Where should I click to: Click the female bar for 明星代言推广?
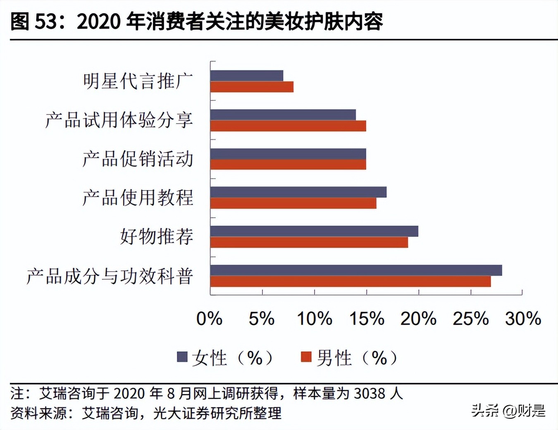coord(246,76)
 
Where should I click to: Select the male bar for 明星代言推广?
coord(252,87)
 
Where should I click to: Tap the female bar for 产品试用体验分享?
coord(283,115)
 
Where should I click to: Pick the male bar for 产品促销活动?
coord(288,165)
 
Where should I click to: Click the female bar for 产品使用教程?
coord(298,192)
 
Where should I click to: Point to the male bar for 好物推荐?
coord(309,242)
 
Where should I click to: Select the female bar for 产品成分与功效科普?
coord(356,270)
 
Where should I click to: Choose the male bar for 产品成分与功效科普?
coord(350,282)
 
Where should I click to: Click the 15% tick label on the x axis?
coord(367,319)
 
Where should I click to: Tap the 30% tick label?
coord(523,319)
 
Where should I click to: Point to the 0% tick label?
coord(209,319)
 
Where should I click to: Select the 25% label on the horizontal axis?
coord(470,319)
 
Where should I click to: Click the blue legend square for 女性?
coord(182,357)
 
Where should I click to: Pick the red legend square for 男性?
coord(306,357)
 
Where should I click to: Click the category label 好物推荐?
coord(157,236)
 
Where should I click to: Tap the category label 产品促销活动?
coord(138,159)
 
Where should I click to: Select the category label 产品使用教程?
coord(138,198)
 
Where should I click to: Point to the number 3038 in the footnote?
coord(370,393)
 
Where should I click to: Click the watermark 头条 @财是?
coord(508,411)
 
